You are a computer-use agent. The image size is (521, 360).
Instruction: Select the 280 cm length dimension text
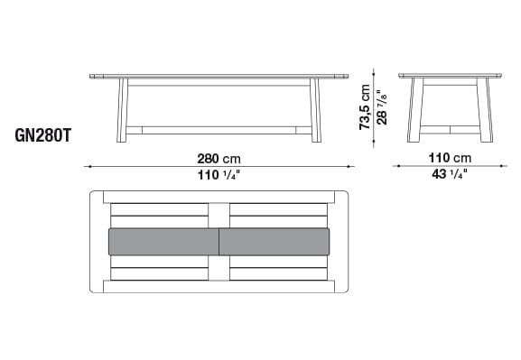coord(219,158)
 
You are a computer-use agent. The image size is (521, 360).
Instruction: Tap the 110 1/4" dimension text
coord(219,175)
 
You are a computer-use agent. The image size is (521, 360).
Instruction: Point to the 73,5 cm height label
coord(365,107)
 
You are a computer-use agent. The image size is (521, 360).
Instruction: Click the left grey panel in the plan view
coord(163,242)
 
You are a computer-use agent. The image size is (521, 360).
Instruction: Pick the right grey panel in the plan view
coord(275,242)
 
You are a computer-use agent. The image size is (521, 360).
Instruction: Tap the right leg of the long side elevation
coord(316,110)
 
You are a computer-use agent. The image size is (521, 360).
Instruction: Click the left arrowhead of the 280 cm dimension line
coord(88,166)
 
